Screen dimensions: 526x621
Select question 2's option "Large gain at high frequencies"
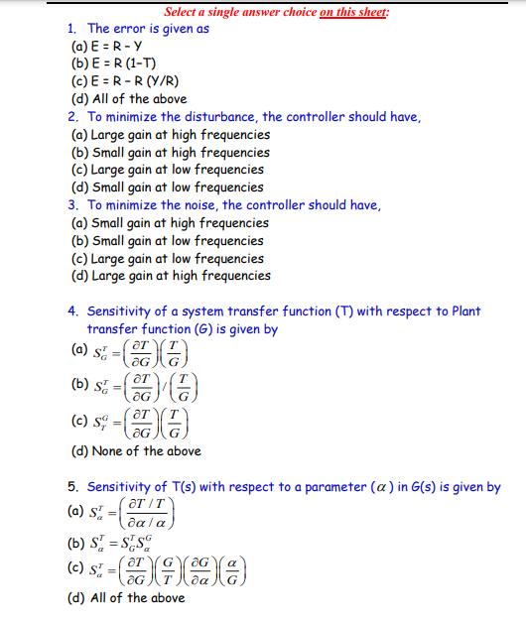(x=170, y=134)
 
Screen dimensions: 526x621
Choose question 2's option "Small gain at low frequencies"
(x=167, y=186)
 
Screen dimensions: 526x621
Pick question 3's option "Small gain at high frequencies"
(x=170, y=222)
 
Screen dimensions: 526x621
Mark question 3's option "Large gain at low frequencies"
(x=167, y=258)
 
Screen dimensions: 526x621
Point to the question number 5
(x=73, y=487)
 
